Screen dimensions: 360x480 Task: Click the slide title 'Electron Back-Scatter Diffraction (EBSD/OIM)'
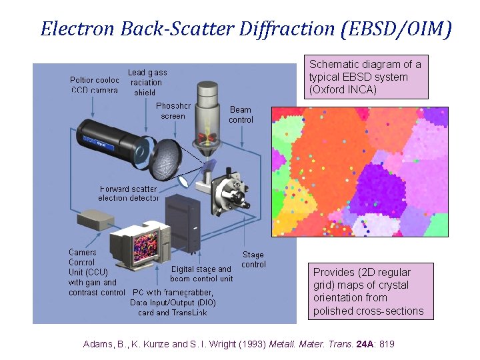[246, 29]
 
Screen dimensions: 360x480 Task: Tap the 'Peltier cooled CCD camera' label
[94, 85]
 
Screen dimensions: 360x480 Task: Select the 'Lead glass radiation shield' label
[147, 82]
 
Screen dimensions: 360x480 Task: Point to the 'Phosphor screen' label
[173, 111]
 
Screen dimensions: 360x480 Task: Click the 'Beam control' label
[241, 115]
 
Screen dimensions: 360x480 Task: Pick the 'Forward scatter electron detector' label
[129, 193]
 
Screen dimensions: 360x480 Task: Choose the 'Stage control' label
[253, 259]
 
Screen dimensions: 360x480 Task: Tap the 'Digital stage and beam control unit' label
[201, 274]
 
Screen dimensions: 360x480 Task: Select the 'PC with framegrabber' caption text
[173, 293]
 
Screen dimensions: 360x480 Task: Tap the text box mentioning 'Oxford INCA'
[365, 77]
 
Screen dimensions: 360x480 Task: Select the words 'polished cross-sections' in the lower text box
[368, 311]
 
